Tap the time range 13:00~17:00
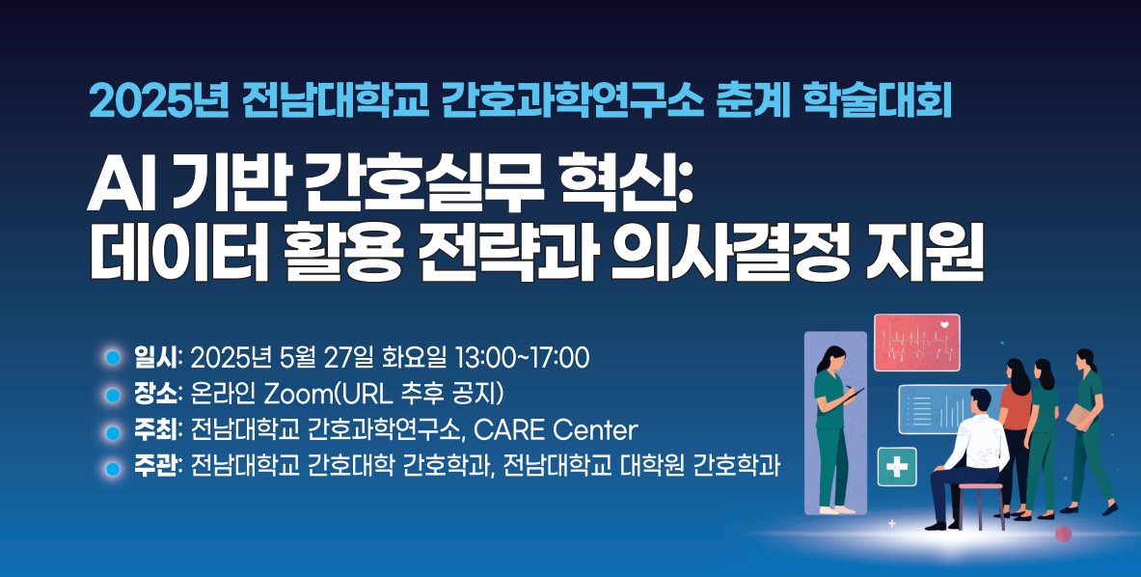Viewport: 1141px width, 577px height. click(521, 358)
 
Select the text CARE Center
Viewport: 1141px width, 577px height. click(556, 430)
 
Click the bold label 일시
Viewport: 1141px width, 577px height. click(154, 358)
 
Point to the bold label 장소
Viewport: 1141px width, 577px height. click(154, 395)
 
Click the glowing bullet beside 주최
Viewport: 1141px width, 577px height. click(112, 432)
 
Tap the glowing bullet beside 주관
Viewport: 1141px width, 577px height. click(112, 469)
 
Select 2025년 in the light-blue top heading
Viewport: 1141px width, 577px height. click(159, 102)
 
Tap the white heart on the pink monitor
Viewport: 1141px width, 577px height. click(944, 324)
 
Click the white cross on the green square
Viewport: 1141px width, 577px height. click(897, 466)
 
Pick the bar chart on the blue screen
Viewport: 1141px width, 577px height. click(949, 413)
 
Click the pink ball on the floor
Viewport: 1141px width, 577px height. click(1063, 535)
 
